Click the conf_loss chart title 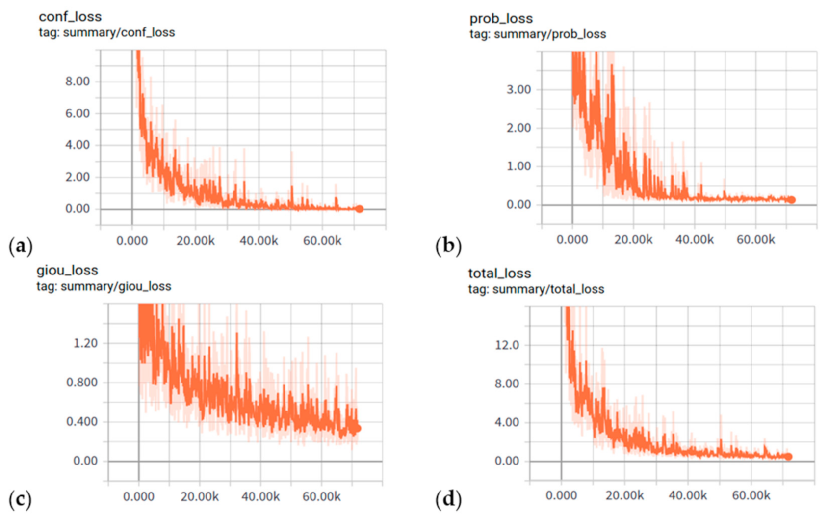click(x=70, y=17)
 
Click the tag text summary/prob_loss click(x=538, y=34)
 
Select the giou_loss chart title click(x=67, y=271)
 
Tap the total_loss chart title click(x=499, y=274)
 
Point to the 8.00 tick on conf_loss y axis click(x=78, y=82)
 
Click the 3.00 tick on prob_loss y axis click(x=518, y=90)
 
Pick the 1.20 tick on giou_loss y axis click(x=85, y=343)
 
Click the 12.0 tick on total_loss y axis click(x=507, y=345)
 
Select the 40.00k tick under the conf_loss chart click(x=259, y=241)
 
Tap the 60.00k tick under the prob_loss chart click(x=755, y=240)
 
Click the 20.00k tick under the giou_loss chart click(x=199, y=497)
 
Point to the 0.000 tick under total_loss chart click(x=561, y=495)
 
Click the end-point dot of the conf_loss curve click(x=360, y=209)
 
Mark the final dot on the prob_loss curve click(x=792, y=200)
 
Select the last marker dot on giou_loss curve click(x=358, y=428)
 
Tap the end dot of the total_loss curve click(x=789, y=457)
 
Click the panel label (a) click(x=21, y=246)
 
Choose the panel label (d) click(x=448, y=500)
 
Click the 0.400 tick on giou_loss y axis click(x=82, y=422)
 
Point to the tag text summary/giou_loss click(x=104, y=287)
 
